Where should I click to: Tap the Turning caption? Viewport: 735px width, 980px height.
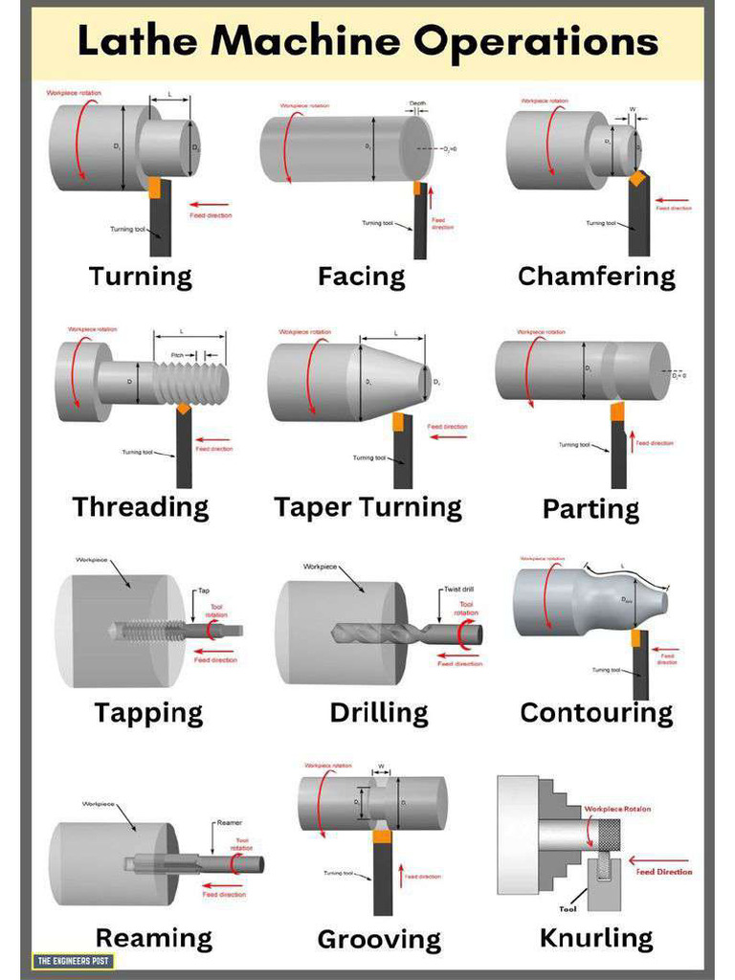[141, 277]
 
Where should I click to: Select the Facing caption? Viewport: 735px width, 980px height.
[362, 277]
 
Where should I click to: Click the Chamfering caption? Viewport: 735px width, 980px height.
[596, 277]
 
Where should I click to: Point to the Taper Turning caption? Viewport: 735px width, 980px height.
[367, 507]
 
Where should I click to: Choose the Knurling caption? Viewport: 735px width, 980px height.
[596, 937]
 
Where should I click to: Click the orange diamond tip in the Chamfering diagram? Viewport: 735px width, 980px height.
[636, 178]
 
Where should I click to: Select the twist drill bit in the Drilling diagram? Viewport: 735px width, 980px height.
[402, 633]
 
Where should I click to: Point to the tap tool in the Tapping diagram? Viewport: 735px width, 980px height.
[172, 630]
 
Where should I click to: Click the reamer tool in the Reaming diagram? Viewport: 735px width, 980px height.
[191, 863]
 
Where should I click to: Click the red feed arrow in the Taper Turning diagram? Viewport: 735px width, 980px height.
[448, 437]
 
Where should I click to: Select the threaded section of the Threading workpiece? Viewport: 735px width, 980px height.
[191, 383]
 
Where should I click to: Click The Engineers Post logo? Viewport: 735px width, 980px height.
[73, 960]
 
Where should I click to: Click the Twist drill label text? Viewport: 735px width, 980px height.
[459, 590]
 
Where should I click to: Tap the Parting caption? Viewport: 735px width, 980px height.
[591, 508]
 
